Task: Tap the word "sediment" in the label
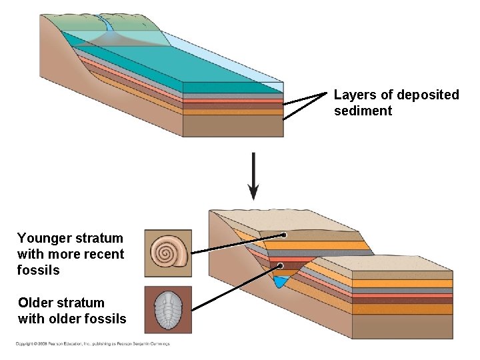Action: click(363, 111)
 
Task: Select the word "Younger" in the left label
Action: click(43, 238)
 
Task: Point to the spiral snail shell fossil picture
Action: click(168, 253)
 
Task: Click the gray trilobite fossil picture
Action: click(168, 310)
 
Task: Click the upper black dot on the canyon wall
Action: click(283, 235)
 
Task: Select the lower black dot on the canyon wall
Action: click(280, 266)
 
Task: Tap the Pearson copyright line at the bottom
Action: click(93, 344)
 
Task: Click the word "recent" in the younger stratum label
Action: click(103, 254)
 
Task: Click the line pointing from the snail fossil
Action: click(237, 244)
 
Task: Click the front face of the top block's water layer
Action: click(233, 87)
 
